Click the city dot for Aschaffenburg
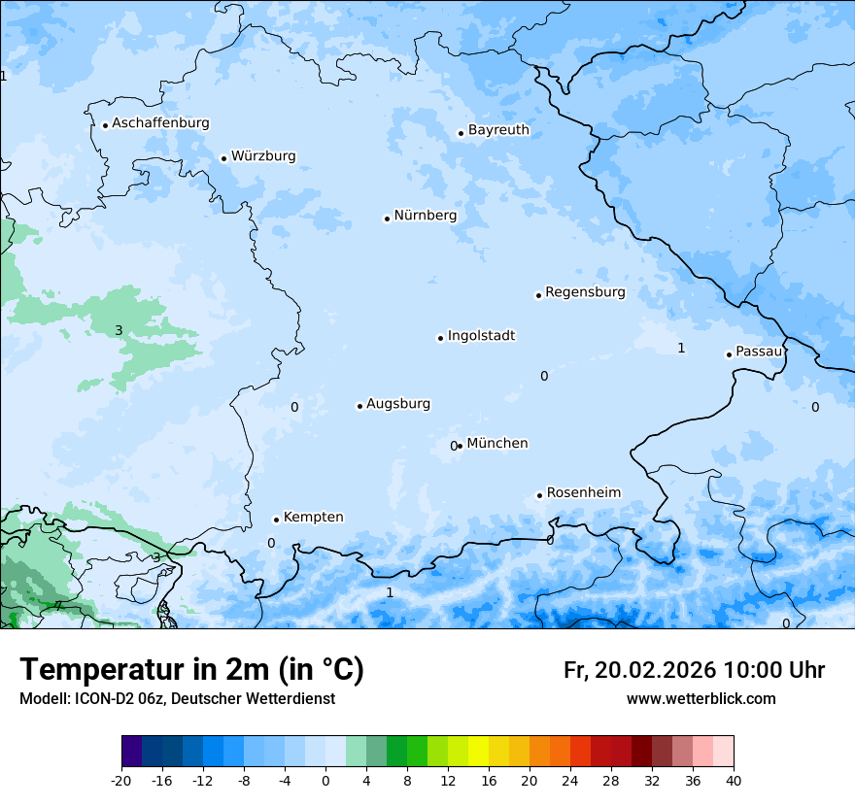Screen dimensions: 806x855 [x=105, y=125]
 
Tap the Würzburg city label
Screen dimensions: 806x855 [x=263, y=156]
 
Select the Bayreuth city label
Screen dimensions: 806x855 [x=498, y=130]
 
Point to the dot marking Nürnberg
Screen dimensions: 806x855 [x=387, y=218]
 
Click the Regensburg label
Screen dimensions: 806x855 [x=585, y=292]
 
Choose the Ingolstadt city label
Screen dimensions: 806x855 [x=481, y=336]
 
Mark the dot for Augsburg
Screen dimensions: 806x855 [x=359, y=406]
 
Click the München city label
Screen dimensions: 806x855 [x=496, y=444]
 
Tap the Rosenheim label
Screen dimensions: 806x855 [x=583, y=493]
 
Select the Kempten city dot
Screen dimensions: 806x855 [x=276, y=520]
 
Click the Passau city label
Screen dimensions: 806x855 [x=759, y=352]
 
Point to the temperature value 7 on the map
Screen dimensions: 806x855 [x=58, y=606]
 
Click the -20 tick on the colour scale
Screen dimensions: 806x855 [x=121, y=780]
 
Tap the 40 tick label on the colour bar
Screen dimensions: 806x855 [x=734, y=780]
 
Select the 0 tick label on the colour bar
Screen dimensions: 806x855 [x=325, y=780]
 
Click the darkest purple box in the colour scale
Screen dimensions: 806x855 [x=131, y=752]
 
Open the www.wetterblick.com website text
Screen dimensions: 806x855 [x=701, y=699]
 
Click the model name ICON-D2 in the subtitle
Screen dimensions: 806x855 [x=104, y=699]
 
